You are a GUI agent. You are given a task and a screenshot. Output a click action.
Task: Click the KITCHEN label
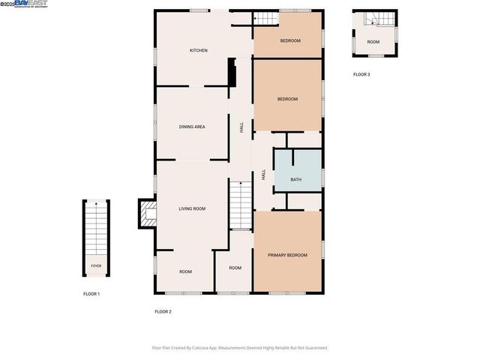click(198, 50)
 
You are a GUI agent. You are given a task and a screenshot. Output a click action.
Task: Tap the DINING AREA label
click(192, 127)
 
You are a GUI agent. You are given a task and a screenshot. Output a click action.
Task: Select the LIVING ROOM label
click(192, 208)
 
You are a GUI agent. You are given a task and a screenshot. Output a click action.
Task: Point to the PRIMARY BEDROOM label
click(288, 255)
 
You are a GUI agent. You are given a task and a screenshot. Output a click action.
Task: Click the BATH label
click(296, 179)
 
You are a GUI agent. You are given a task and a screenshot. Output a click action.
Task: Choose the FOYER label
click(96, 265)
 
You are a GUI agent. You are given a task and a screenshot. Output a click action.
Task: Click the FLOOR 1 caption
click(91, 294)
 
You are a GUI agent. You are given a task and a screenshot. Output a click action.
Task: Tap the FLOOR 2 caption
click(163, 311)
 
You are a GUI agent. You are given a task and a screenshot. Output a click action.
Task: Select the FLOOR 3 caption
click(361, 74)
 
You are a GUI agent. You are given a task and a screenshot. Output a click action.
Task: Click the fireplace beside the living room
click(146, 213)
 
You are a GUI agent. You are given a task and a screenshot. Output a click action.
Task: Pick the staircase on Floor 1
click(96, 229)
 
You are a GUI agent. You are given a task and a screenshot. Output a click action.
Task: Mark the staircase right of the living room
click(240, 205)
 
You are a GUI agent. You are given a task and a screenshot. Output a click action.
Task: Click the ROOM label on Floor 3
click(373, 41)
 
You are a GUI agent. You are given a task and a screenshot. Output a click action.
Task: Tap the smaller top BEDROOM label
click(290, 40)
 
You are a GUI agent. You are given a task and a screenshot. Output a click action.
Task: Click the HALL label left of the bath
click(264, 174)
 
